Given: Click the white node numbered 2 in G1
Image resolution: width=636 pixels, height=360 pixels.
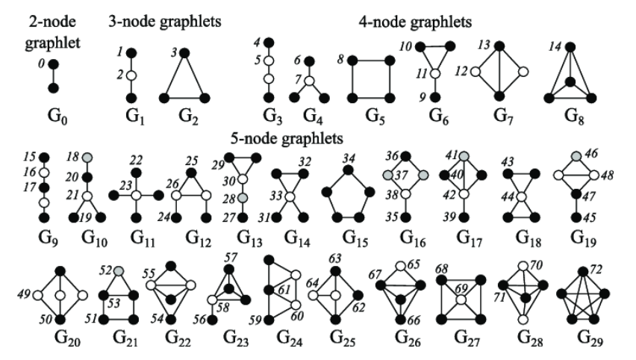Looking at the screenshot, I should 129,75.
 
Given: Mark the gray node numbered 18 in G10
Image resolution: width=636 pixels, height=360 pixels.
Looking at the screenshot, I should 88,158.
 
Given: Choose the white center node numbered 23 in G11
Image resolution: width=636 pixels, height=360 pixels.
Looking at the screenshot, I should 137,195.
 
